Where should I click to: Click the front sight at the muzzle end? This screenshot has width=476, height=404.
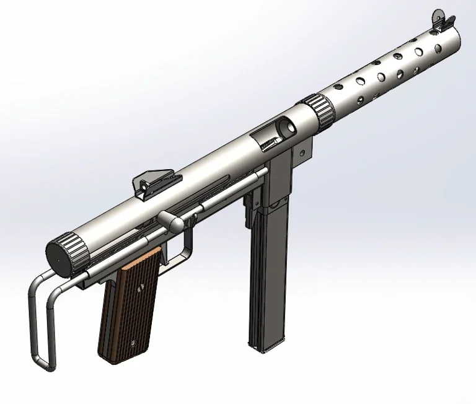441,19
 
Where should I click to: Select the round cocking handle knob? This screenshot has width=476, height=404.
169,221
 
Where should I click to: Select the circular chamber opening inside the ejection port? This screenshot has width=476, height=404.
286,127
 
